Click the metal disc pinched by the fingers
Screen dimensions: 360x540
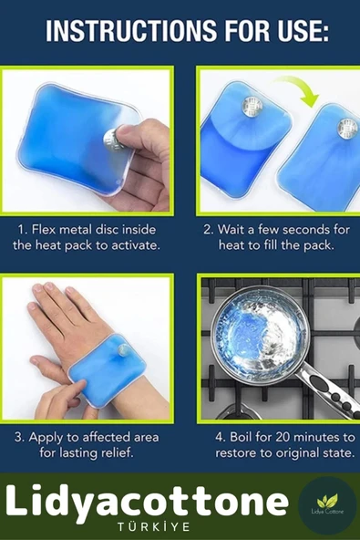click(112, 140)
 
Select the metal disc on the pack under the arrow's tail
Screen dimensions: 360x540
click(252, 107)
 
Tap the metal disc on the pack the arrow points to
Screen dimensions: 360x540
click(347, 129)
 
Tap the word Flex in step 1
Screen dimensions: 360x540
click(43, 230)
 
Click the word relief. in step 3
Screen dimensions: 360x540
click(117, 452)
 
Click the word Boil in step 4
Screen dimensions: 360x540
click(242, 437)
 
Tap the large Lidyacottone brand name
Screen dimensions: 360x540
click(147, 501)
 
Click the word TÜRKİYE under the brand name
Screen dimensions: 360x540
click(153, 527)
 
